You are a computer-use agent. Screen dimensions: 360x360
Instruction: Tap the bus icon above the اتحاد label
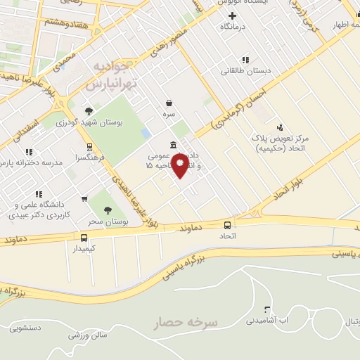(x=227, y=225)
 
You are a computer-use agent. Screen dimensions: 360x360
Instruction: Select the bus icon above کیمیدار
(x=84, y=238)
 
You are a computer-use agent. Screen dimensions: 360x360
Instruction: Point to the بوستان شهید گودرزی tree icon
(x=89, y=110)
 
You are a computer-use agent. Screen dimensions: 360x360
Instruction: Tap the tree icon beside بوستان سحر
(x=108, y=210)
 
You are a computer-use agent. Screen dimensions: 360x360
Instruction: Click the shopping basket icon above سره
(x=169, y=103)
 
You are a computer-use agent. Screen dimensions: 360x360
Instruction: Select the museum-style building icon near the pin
(x=173, y=146)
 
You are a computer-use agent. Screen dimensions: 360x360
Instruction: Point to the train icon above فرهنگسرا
(x=89, y=147)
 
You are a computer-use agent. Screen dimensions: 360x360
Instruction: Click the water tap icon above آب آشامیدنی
(x=266, y=309)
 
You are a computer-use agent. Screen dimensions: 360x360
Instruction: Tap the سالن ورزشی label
(x=87, y=335)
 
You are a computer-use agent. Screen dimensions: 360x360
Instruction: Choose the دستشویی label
(x=29, y=328)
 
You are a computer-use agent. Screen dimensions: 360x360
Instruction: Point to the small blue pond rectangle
(x=146, y=132)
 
